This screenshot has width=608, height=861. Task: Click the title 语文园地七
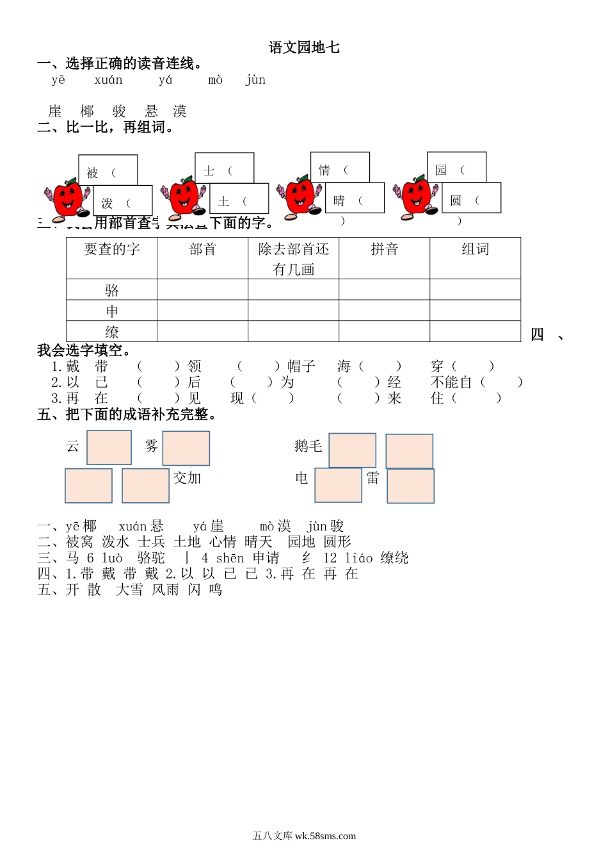click(304, 47)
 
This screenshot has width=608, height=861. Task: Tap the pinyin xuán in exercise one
click(108, 80)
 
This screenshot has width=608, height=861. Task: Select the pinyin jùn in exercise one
click(255, 80)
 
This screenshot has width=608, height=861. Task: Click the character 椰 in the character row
click(87, 111)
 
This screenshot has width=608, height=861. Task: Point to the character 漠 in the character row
click(180, 111)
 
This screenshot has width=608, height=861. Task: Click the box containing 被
click(108, 171)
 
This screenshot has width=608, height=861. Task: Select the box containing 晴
click(355, 199)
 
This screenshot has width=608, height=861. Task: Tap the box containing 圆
click(471, 199)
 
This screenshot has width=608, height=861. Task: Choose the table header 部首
click(203, 250)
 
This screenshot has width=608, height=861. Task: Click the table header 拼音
click(384, 250)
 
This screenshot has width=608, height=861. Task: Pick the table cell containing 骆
click(112, 290)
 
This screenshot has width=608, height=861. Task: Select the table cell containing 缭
click(112, 332)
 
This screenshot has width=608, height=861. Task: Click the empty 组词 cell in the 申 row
click(475, 311)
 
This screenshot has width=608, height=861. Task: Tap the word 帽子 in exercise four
click(301, 366)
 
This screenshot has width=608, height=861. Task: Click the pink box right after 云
click(109, 447)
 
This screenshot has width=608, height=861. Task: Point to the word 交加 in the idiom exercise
click(187, 479)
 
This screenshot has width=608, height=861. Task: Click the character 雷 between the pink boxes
click(373, 478)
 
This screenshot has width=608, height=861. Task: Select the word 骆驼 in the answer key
click(151, 558)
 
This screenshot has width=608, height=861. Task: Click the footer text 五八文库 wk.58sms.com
click(304, 836)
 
